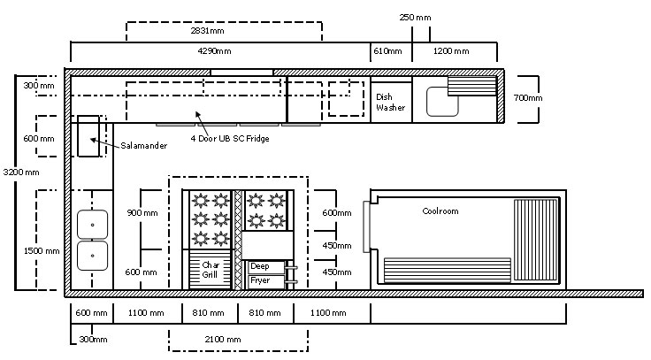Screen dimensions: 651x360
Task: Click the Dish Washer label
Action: pyautogui.click(x=390, y=102)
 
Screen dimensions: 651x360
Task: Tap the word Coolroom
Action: pyautogui.click(x=440, y=211)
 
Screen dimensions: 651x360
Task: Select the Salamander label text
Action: pyautogui.click(x=143, y=145)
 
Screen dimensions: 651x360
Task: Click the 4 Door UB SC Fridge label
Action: pyautogui.click(x=230, y=138)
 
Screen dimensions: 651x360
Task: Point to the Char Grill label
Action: pyautogui.click(x=211, y=270)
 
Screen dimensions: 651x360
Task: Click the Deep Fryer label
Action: pyautogui.click(x=260, y=273)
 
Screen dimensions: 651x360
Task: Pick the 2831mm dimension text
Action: pyautogui.click(x=207, y=30)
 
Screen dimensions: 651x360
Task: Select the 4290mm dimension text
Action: pyautogui.click(x=214, y=51)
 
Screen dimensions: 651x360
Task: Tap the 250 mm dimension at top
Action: pyautogui.click(x=415, y=18)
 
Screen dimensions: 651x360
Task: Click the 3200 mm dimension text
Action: pyautogui.click(x=20, y=172)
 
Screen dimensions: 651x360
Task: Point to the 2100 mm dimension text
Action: pyautogui.click(x=223, y=340)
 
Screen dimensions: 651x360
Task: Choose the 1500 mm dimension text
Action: pyautogui.click(x=42, y=251)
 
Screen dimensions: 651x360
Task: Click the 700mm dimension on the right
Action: pyautogui.click(x=528, y=97)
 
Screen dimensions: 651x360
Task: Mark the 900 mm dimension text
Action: pyautogui.click(x=142, y=213)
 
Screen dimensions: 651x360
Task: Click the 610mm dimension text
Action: pyautogui.click(x=387, y=51)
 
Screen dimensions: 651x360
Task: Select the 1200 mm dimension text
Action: pyautogui.click(x=451, y=51)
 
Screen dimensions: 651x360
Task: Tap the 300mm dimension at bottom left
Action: pyautogui.click(x=93, y=340)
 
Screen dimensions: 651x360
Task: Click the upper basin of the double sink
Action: pyautogui.click(x=92, y=225)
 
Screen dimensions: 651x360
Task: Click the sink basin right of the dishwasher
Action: pyautogui.click(x=442, y=102)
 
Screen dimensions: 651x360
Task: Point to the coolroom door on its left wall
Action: pyautogui.click(x=366, y=226)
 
